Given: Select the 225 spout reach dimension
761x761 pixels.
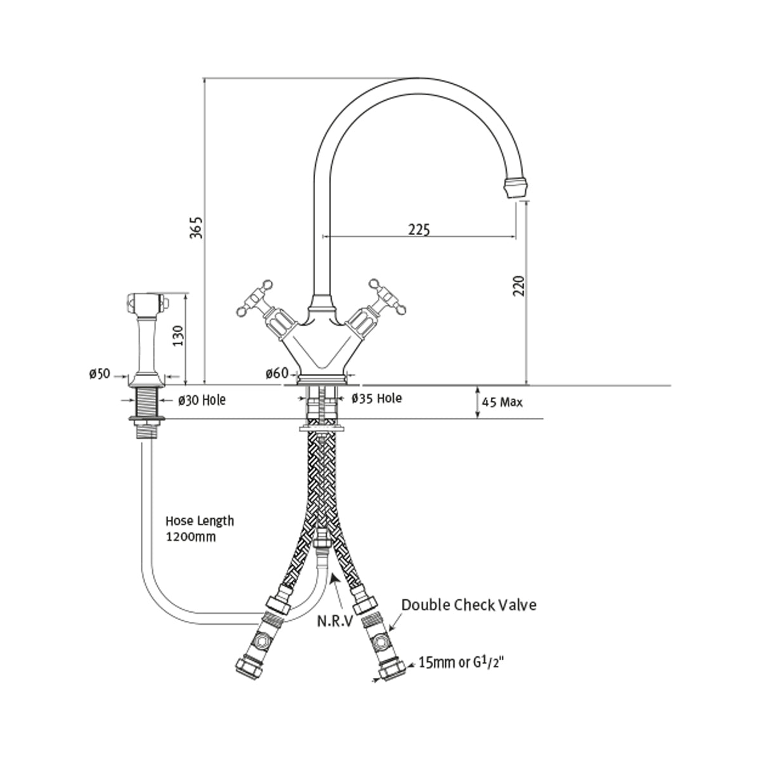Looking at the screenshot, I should pos(419,229).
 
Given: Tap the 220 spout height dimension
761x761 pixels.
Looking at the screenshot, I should pos(518,287).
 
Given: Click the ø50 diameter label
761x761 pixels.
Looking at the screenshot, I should pos(100,374).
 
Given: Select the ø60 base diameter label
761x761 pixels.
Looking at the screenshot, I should pos(276,374).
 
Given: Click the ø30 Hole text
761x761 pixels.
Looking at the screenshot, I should pos(201,400).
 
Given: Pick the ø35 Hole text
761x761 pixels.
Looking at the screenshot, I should pos(377,398).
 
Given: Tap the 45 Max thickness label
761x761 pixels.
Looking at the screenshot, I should pos(502,402).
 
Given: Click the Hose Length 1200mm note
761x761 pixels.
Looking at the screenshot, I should pos(200,528).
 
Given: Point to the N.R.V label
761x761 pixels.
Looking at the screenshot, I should pos(335,620).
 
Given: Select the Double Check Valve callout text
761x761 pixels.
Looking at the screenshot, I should pos(469,605).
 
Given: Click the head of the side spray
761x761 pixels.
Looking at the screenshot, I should pos(148,302).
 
